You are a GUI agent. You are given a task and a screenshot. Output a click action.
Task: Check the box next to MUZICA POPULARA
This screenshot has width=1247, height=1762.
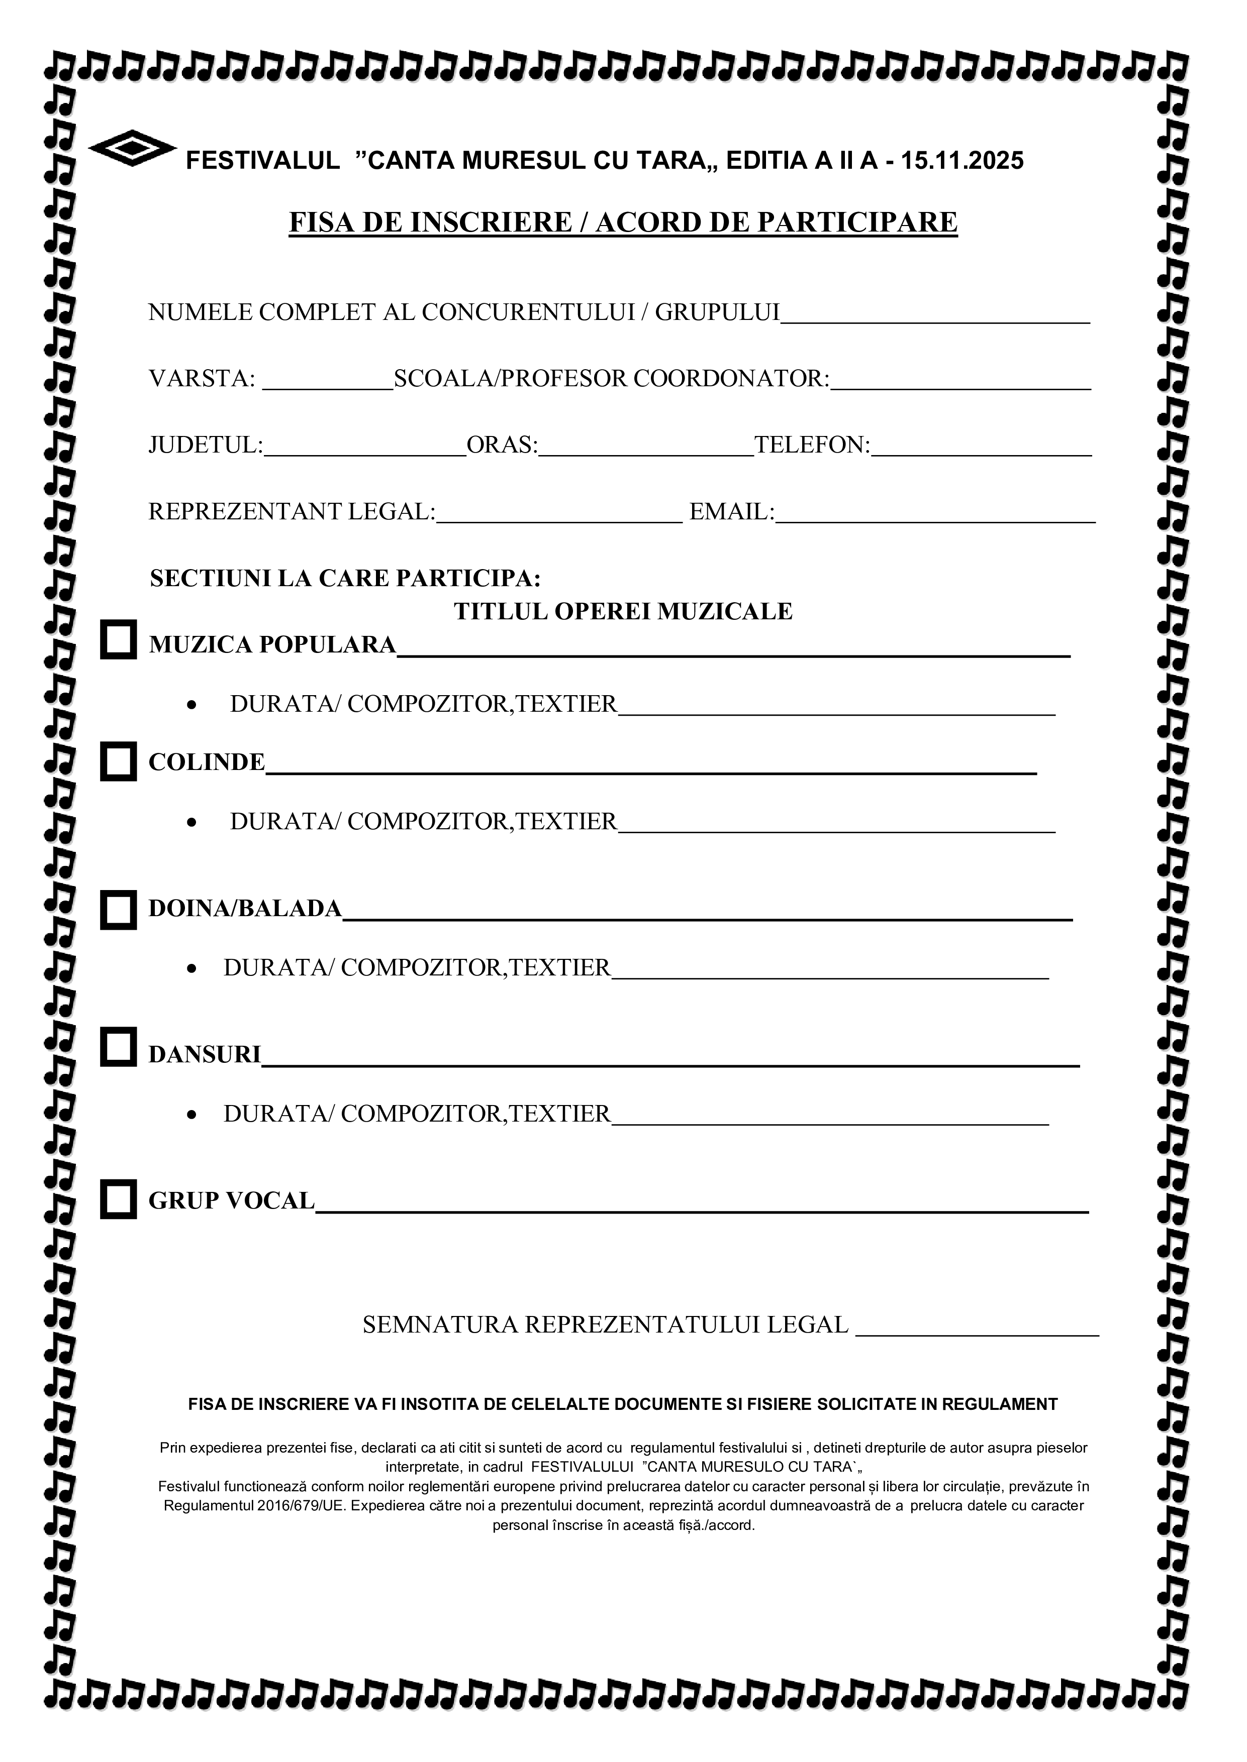click(118, 639)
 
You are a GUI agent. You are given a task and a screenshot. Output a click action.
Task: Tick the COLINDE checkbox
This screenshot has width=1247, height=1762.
click(118, 761)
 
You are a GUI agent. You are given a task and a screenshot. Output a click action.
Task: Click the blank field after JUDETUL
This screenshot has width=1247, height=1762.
click(365, 451)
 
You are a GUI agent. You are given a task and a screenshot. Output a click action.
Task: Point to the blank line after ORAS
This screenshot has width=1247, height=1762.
click(646, 451)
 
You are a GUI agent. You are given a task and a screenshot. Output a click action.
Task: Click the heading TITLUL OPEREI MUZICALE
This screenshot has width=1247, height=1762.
click(623, 612)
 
